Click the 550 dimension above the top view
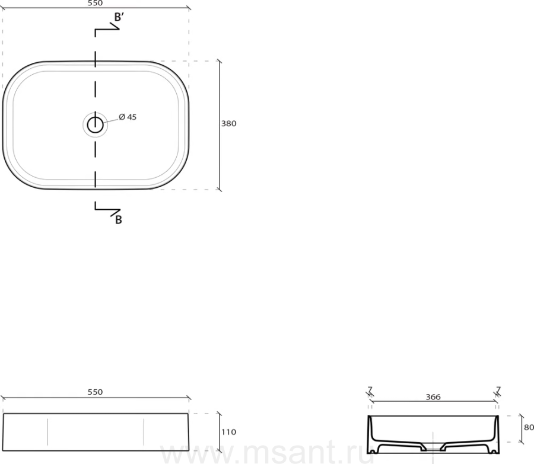pos(95,3)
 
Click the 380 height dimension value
pos(229,123)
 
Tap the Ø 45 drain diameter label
pos(128,117)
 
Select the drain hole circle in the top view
pos(96,125)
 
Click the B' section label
pos(119,17)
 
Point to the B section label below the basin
pos(119,220)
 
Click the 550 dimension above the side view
pos(95,392)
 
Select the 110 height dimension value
pos(229,432)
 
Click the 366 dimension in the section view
pos(433,397)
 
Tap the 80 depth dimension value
pos(529,427)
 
